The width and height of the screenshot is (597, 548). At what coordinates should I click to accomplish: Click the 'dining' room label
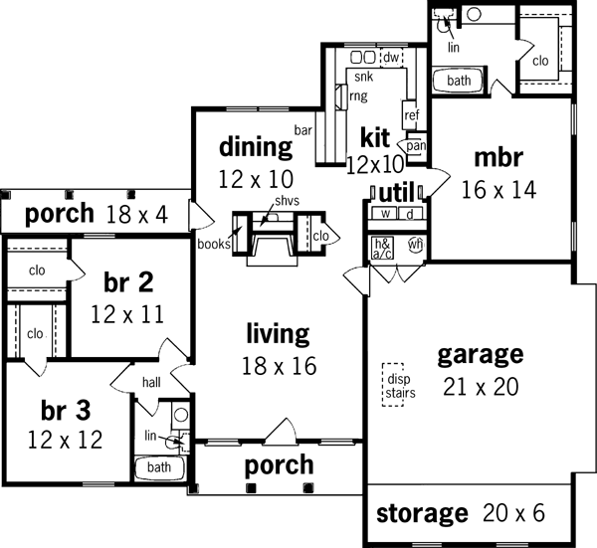256,148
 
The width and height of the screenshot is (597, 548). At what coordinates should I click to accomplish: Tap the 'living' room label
278,332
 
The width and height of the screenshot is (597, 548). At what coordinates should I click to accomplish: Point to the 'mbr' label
498,156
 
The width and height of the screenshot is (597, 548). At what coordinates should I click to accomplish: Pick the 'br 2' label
126,281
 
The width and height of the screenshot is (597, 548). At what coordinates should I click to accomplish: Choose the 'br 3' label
67,411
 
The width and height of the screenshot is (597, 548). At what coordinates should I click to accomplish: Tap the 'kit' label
374,136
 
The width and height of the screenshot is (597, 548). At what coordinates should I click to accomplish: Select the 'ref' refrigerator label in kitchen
411,115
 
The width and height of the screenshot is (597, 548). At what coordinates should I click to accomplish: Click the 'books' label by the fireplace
213,243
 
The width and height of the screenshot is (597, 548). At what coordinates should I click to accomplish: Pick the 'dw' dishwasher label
391,59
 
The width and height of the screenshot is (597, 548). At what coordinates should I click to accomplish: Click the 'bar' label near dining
302,129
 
